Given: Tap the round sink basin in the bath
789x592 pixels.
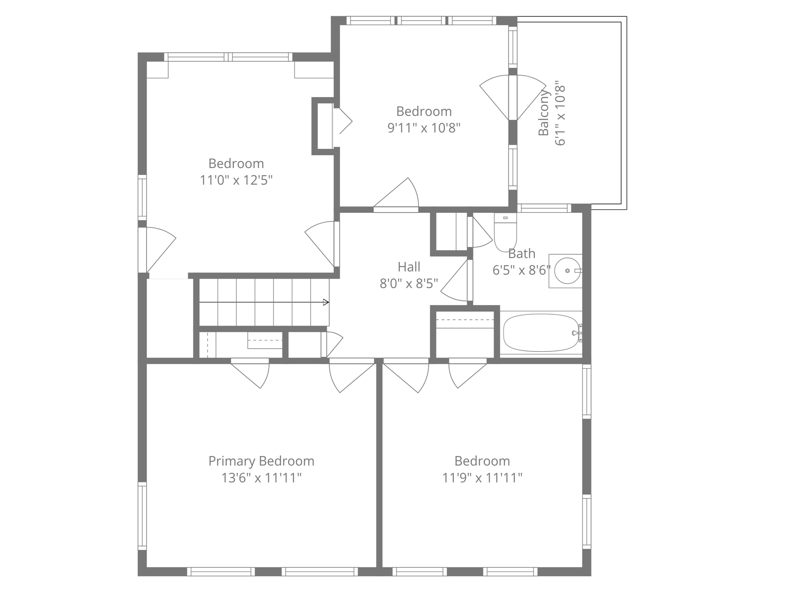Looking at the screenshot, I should click(x=567, y=271).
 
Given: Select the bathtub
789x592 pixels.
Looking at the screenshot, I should click(x=541, y=333).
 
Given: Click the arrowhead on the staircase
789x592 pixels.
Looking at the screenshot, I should click(x=326, y=302).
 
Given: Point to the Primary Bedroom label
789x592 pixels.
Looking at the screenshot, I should click(x=261, y=461).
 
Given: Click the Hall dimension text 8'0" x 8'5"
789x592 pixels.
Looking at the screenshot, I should click(x=409, y=284).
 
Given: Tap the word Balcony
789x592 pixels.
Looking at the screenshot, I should click(x=543, y=113).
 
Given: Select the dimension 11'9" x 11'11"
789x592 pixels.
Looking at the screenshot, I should click(x=482, y=478).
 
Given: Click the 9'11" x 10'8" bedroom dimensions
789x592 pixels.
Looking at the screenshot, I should click(x=424, y=128).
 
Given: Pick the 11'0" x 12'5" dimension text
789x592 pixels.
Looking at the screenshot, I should click(x=236, y=180).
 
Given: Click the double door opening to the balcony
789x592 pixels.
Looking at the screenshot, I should click(x=513, y=98).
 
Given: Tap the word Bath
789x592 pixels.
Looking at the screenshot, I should click(x=522, y=254).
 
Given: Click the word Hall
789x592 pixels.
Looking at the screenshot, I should click(x=409, y=267).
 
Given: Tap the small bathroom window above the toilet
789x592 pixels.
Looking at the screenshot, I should click(x=544, y=209).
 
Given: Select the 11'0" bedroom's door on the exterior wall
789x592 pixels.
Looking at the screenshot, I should click(x=156, y=250).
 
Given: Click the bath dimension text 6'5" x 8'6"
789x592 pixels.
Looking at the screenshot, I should click(x=521, y=270).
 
